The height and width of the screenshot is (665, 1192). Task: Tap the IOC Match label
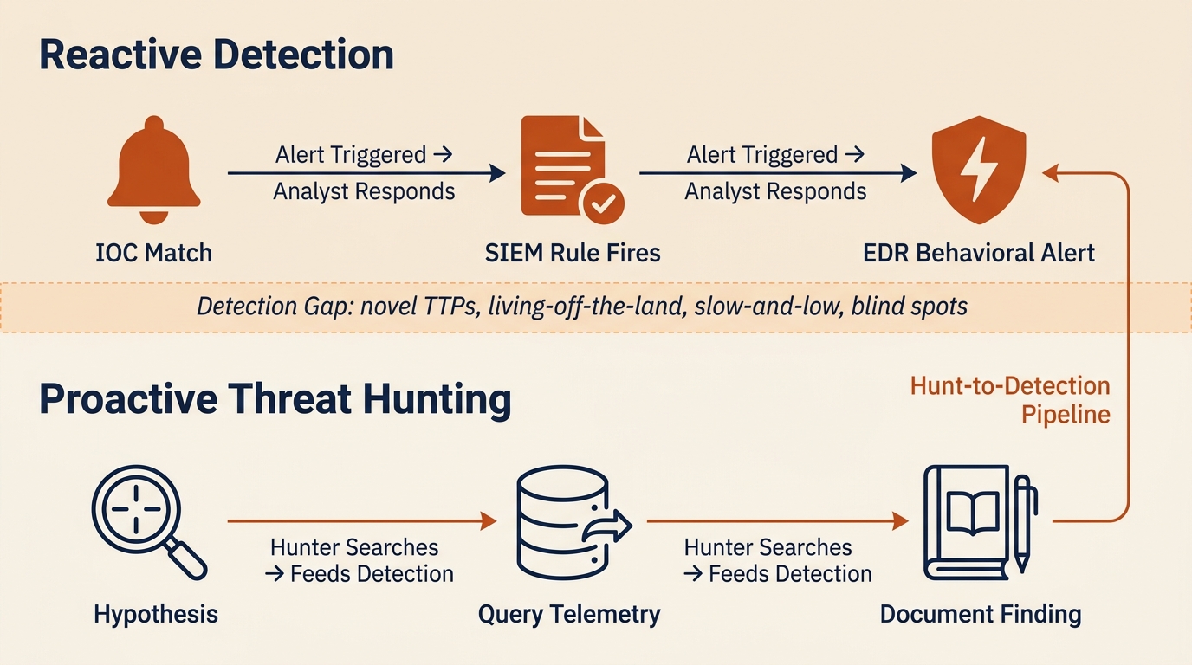153,253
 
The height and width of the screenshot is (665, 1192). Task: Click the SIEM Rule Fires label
572,253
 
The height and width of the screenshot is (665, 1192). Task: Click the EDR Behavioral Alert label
979,253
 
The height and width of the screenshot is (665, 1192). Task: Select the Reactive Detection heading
217,55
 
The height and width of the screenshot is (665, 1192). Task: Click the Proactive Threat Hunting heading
275,400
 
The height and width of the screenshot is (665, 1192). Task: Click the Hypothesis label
156,615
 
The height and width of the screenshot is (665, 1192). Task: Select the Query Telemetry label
569,615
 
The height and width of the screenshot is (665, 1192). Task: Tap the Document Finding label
980,615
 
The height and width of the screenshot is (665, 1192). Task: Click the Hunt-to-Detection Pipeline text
1010,399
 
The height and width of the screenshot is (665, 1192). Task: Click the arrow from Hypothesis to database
361,520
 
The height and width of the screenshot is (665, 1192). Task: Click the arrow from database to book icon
777,520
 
